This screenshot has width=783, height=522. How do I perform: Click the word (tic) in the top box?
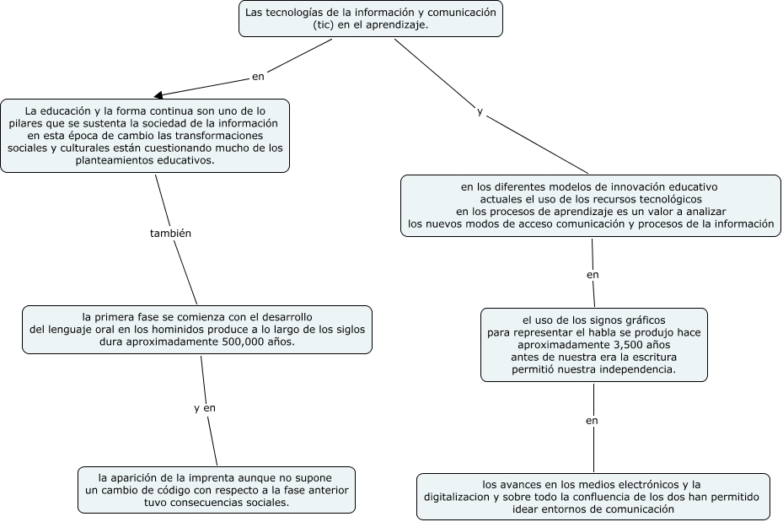click(325, 25)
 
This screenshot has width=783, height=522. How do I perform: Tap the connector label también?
click(170, 234)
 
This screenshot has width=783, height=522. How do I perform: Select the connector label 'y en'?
click(205, 408)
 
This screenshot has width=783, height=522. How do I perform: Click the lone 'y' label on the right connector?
click(480, 111)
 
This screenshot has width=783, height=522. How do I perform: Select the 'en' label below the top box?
click(258, 77)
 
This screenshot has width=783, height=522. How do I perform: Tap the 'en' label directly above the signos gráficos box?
click(593, 275)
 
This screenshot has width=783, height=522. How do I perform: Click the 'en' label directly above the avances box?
click(592, 420)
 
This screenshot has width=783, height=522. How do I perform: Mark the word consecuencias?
click(204, 503)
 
